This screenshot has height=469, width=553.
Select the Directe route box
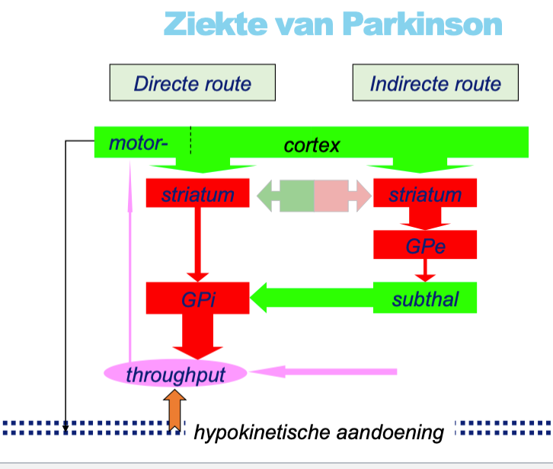[192, 83]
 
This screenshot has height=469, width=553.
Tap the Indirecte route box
[435, 83]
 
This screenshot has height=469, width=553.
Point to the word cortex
[312, 145]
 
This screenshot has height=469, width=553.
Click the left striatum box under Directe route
[197, 194]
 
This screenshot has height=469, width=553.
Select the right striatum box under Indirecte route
[425, 194]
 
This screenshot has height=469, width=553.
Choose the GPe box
[425, 245]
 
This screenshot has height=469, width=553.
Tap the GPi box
[197, 298]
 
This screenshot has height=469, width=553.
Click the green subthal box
[425, 298]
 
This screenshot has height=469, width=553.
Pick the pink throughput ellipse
[175, 373]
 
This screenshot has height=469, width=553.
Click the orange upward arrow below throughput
[174, 408]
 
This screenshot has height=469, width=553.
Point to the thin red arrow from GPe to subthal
[425, 270]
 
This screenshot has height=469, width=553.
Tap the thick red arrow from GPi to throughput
[197, 335]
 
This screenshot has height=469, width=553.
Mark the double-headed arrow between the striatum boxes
[313, 196]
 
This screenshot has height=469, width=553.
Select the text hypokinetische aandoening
[318, 433]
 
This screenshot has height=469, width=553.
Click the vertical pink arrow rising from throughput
[130, 274]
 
